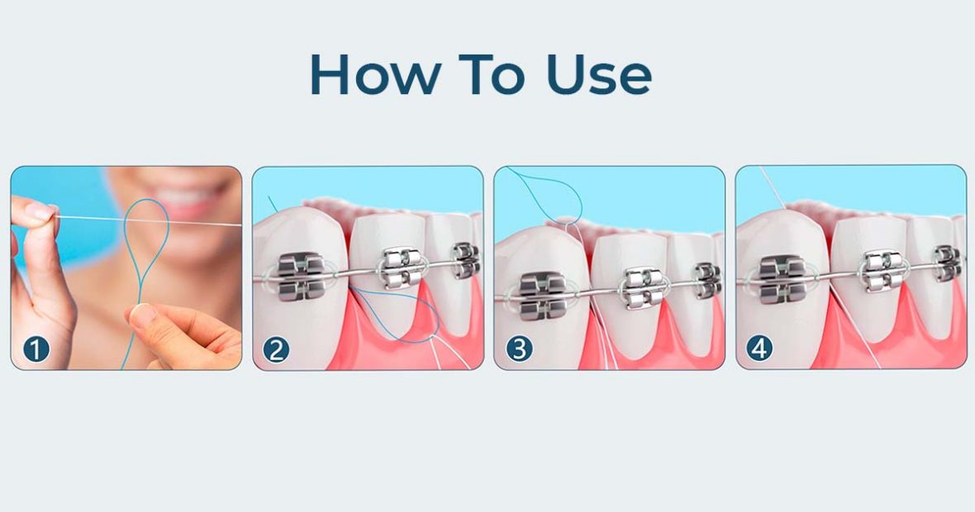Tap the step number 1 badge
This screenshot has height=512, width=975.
coord(36,349)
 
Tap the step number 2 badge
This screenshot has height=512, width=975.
coord(277,349)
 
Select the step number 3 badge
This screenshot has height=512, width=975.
coord(519,349)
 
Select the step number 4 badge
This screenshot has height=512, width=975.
coord(760,349)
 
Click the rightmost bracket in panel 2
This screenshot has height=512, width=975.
coord(465,259)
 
